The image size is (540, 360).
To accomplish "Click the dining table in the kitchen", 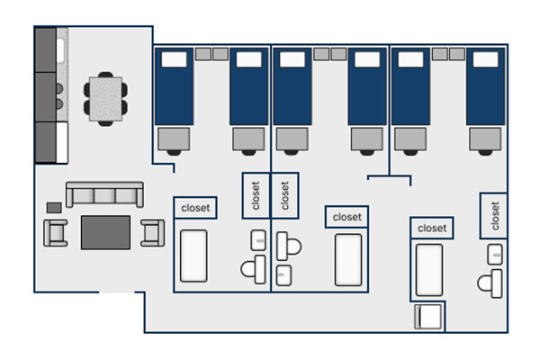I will tap(105, 97).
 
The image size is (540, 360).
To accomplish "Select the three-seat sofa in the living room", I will tap(104, 195).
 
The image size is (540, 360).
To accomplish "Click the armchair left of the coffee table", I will tap(56, 232).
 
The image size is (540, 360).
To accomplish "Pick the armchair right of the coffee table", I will tap(152, 232).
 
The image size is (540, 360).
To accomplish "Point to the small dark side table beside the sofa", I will tap(54, 207).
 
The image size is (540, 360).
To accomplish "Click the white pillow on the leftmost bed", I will tap(173, 60).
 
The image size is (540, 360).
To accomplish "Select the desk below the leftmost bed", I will tap(173, 139).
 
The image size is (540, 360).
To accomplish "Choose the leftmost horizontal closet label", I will tap(195, 207).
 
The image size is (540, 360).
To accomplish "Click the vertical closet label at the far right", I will tap(495, 214).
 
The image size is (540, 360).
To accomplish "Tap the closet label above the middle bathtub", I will tap(347, 217).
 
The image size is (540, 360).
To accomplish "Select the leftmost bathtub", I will tap(193, 256).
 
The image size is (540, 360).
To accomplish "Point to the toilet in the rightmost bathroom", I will tap(490, 283).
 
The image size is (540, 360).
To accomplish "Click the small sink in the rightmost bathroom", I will tap(495, 254).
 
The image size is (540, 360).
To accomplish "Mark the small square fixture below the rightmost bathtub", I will tap(427, 317).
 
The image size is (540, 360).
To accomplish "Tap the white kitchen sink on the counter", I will tap(61, 45).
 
